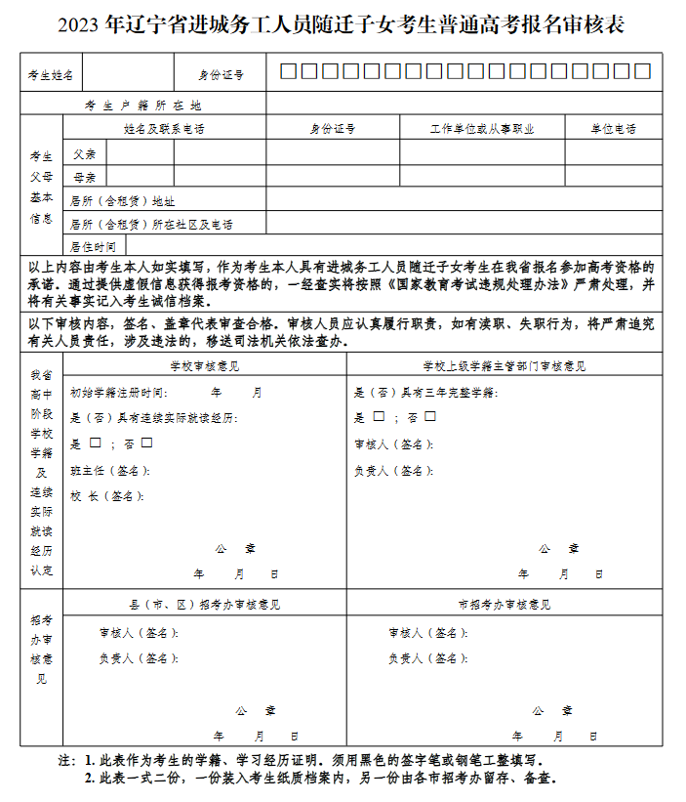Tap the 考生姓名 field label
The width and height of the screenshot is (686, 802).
coord(51,74)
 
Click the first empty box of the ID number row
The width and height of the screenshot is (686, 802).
coord(288,71)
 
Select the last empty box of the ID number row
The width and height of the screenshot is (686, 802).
coord(642,71)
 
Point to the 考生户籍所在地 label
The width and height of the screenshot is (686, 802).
coord(143,106)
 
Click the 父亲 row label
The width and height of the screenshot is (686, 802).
coord(85,153)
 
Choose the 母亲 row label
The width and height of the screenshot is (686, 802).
coord(85,177)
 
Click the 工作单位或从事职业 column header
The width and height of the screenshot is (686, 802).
coord(482,129)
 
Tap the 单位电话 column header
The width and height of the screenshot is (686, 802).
coord(614,129)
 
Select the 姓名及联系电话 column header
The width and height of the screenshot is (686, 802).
coord(164,129)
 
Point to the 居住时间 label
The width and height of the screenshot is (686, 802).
coord(94,246)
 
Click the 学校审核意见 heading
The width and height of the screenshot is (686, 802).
coord(204,366)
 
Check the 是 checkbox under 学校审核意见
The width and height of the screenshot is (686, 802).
coord(96,443)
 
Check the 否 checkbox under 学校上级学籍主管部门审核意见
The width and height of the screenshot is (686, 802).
coord(430,417)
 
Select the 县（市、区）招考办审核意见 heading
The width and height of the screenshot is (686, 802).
coord(204,605)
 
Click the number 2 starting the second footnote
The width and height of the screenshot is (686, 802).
coord(89,779)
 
